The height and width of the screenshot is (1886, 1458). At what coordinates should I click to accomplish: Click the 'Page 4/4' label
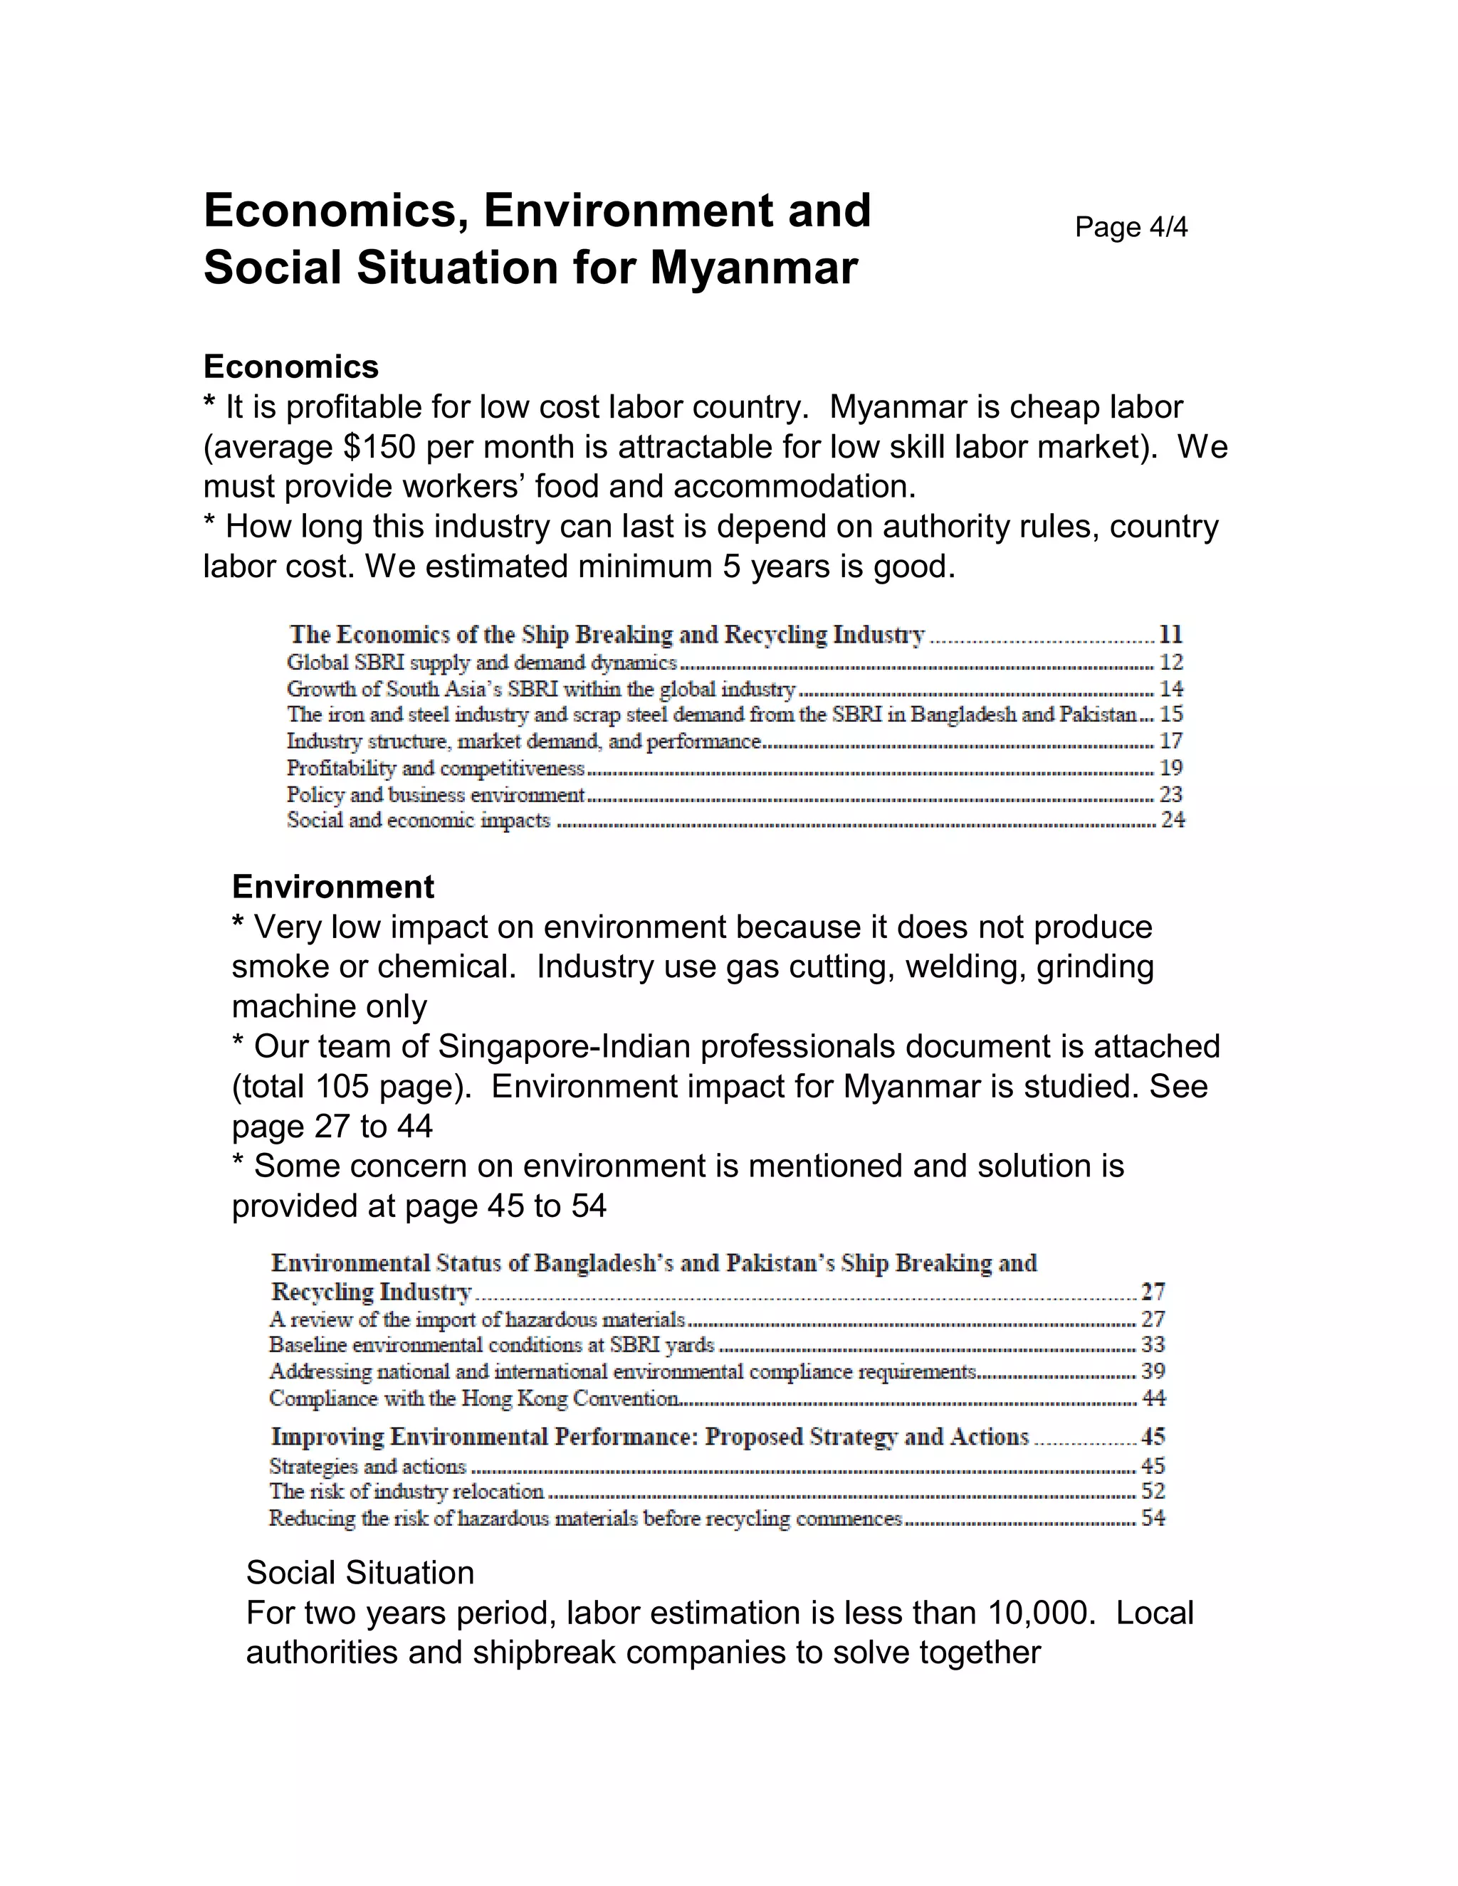[1131, 227]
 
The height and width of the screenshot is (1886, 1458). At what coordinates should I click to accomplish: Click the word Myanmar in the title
[753, 267]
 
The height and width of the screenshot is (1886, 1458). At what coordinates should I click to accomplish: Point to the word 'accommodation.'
[794, 487]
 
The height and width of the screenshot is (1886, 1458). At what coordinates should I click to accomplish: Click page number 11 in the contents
[1170, 635]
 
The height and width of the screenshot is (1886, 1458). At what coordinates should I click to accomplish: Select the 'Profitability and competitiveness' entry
[435, 768]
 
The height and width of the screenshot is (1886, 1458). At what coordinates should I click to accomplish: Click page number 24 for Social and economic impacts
[1172, 821]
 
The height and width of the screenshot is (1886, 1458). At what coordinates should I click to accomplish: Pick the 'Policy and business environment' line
[435, 794]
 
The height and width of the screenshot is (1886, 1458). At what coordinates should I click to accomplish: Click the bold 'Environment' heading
[332, 887]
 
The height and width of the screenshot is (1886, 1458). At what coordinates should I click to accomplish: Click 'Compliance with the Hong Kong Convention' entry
[473, 1398]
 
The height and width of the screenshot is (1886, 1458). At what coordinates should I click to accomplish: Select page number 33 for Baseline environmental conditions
[1153, 1344]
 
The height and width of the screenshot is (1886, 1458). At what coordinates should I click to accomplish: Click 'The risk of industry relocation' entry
[406, 1491]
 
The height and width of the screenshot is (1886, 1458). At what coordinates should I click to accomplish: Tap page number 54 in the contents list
[1153, 1518]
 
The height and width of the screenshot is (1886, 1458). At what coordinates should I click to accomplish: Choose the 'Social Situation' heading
[360, 1573]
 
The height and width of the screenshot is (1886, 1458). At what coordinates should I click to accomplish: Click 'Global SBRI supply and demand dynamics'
[481, 663]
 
